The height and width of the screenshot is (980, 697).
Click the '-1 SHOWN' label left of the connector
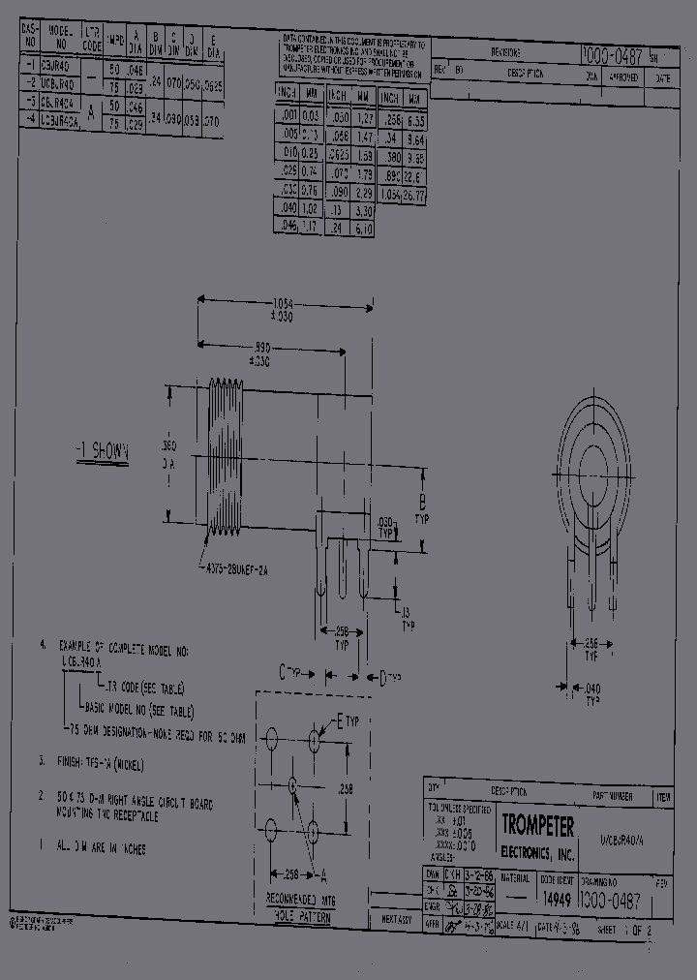(103, 451)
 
